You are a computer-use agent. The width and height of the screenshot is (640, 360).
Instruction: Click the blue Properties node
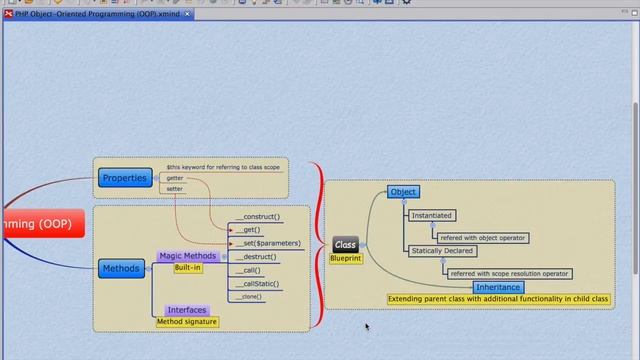tap(125, 178)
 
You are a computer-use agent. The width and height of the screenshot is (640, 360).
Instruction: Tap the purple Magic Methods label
tap(187, 256)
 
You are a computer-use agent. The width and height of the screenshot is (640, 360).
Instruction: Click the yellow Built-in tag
tap(187, 268)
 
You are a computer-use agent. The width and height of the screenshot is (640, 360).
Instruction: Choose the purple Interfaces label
tap(187, 310)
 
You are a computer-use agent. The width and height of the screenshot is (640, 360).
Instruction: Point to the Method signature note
tap(187, 321)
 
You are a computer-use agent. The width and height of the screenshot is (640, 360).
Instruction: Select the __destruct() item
tap(257, 257)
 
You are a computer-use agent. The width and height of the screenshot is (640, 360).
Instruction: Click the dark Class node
tap(345, 245)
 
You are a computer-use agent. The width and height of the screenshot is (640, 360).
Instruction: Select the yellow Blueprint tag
tap(346, 258)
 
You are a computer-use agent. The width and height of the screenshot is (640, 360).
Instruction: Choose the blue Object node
tap(403, 192)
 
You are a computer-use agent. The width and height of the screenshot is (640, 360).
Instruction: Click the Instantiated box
tap(432, 215)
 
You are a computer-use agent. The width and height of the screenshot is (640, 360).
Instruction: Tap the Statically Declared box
tap(442, 251)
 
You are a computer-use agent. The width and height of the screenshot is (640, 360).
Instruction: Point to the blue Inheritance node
tap(498, 287)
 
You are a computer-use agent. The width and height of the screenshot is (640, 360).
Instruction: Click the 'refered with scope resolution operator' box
tap(509, 273)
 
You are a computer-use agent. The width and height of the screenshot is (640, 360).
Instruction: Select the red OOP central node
tap(40, 224)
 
